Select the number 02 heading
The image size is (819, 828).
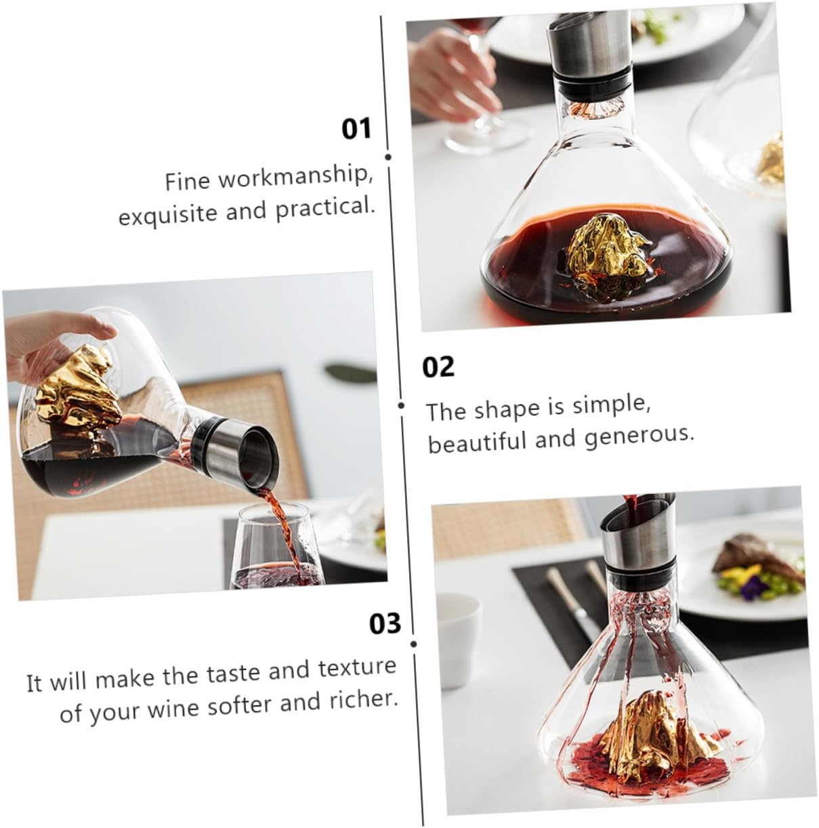click(438, 367)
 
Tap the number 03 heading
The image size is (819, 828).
click(385, 623)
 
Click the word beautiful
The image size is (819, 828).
click(477, 442)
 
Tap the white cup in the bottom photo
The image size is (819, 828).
click(459, 619)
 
